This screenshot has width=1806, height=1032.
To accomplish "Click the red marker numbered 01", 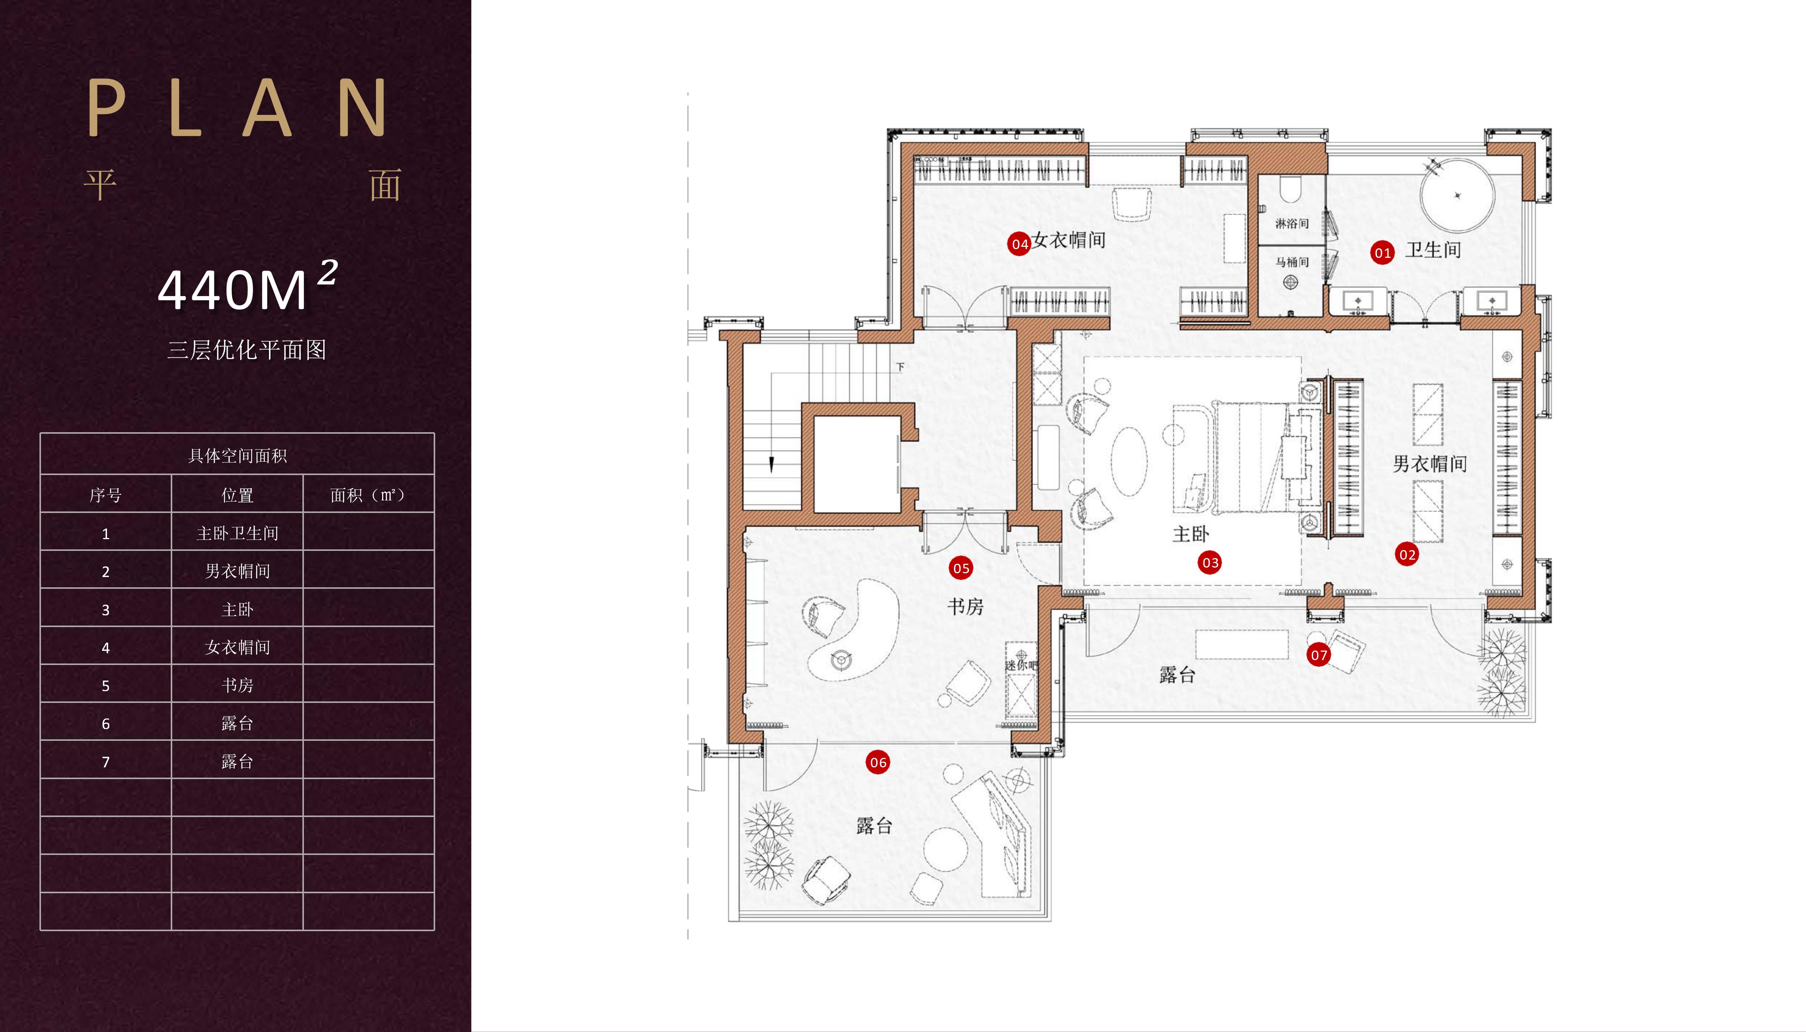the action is pos(1382,253).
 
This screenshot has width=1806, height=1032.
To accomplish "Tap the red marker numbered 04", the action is pos(1019,244).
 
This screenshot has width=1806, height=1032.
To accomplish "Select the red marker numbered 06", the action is pos(878,763).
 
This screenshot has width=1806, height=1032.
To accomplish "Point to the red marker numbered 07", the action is pos(1318,655).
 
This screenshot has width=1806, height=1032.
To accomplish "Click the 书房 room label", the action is pos(965,607).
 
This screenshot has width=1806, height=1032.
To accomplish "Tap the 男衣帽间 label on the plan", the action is pos(1430,464).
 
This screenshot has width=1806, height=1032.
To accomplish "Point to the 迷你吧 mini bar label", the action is pos(1021,665).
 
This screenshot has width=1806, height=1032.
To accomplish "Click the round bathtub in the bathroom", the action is pos(1457,195).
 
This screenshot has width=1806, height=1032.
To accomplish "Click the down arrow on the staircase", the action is pos(771,464).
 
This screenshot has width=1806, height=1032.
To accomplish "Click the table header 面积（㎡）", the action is pos(368,495).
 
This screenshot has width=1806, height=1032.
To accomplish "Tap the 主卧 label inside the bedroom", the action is pos(1191,534).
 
